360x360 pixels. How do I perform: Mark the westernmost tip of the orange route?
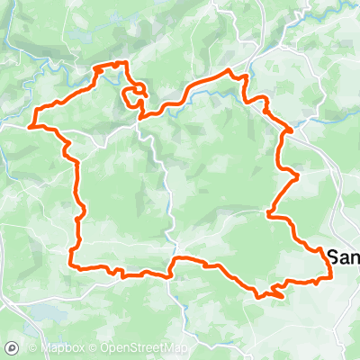tap(31, 126)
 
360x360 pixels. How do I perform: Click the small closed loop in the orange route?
tap(137, 96)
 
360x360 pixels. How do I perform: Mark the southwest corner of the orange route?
tap(71, 265)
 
